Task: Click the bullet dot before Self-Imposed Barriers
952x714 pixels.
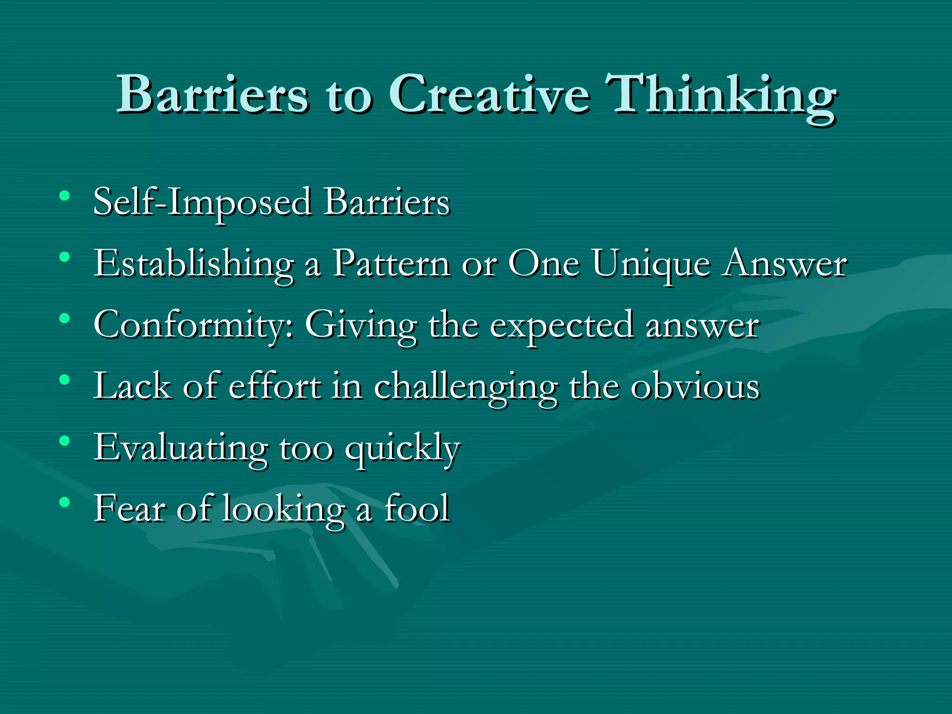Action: (x=65, y=195)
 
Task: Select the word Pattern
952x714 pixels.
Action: (x=391, y=264)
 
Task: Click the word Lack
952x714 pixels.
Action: (x=132, y=386)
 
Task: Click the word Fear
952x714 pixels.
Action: (x=130, y=508)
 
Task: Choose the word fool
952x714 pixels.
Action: (x=417, y=508)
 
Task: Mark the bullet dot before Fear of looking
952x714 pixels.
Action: (x=65, y=502)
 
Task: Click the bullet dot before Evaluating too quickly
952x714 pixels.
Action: (x=65, y=441)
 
